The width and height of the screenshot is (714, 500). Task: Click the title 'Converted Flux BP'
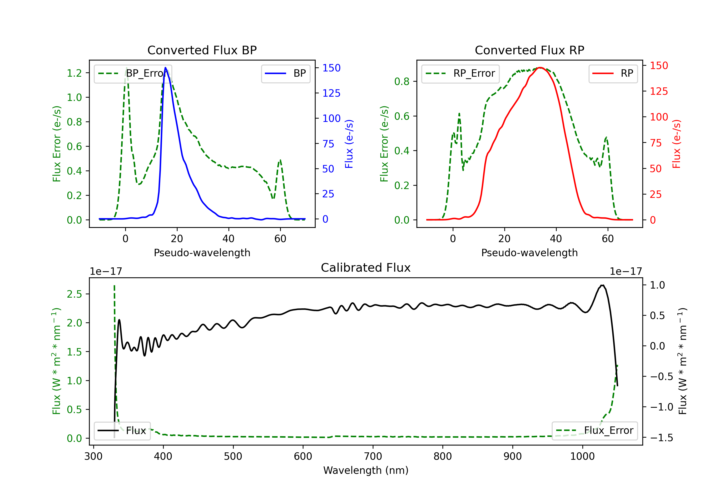pos(202,50)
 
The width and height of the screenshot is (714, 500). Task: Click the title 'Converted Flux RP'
pos(529,50)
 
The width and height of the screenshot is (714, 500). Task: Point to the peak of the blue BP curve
pos(165,68)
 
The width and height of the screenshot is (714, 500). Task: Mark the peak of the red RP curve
pos(540,68)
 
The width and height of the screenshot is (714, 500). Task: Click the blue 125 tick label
pos(331,93)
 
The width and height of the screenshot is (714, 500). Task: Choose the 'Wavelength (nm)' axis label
pos(366,470)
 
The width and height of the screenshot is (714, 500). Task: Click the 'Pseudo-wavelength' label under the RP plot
pos(529,253)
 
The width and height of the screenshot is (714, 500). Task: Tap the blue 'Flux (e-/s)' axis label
pos(349,144)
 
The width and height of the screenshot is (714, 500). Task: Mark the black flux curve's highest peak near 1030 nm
pos(603,285)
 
